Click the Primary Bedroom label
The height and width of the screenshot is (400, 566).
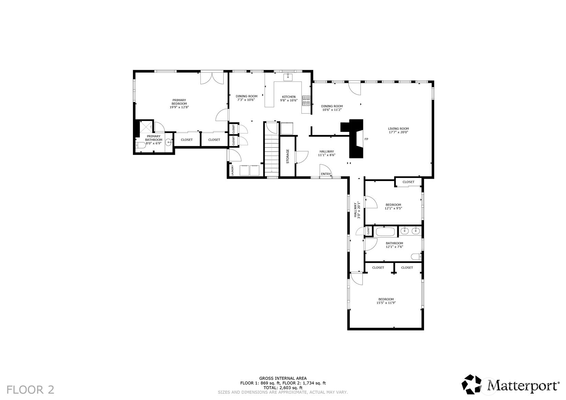click(179, 103)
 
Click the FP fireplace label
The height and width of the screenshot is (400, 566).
click(366, 139)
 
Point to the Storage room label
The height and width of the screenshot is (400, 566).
click(288, 156)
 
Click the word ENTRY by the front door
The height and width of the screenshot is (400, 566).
click(326, 174)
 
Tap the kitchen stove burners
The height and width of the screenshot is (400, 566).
click(306, 101)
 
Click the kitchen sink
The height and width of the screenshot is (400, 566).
click(288, 77)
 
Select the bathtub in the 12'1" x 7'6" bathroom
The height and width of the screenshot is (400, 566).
click(385, 232)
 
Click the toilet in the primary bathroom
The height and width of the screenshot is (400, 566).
click(141, 145)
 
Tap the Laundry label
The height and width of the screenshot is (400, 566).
click(232, 170)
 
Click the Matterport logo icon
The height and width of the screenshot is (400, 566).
click(471, 384)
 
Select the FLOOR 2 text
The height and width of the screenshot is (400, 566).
click(30, 390)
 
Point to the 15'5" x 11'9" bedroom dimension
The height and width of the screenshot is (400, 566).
click(386, 303)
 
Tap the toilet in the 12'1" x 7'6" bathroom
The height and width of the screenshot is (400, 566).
click(417, 257)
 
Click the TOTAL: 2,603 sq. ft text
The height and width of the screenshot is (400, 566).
click(283, 388)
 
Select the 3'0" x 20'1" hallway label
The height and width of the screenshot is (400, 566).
click(356, 210)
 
